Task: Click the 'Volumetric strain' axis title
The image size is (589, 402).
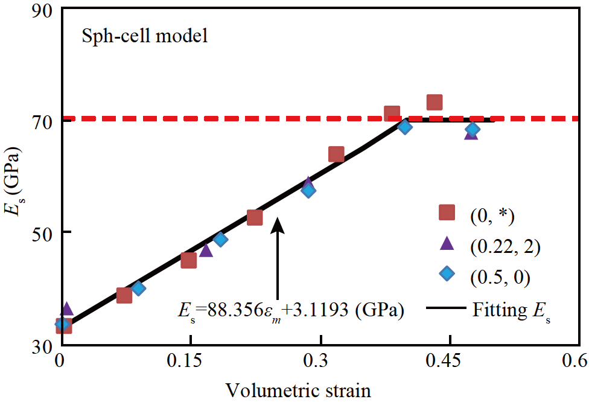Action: pyautogui.click(x=298, y=390)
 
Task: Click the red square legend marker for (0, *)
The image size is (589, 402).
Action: pyautogui.click(x=447, y=212)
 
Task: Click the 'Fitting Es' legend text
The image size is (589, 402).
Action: pyautogui.click(x=509, y=311)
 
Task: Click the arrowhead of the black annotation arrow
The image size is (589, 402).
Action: pyautogui.click(x=277, y=223)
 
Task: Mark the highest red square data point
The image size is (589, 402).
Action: pyautogui.click(x=435, y=103)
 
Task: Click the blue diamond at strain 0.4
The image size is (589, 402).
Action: pyautogui.click(x=405, y=126)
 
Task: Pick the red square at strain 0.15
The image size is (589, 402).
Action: pyautogui.click(x=189, y=260)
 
